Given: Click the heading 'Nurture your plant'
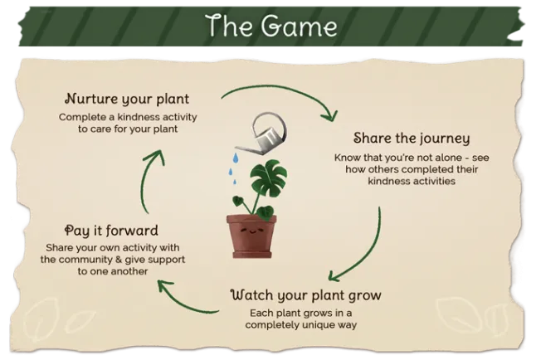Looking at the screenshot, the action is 127,100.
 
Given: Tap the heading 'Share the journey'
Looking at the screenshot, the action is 412,139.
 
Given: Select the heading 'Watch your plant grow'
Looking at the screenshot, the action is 306,295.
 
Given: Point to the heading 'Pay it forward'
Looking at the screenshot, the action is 111,231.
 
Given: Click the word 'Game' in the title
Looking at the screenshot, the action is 300,27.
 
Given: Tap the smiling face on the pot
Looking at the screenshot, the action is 251,231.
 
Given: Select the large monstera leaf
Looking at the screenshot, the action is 269,178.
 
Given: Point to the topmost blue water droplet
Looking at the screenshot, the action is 236,158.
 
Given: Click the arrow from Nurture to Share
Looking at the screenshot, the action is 280,90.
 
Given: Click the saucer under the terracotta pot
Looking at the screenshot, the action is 252,255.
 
